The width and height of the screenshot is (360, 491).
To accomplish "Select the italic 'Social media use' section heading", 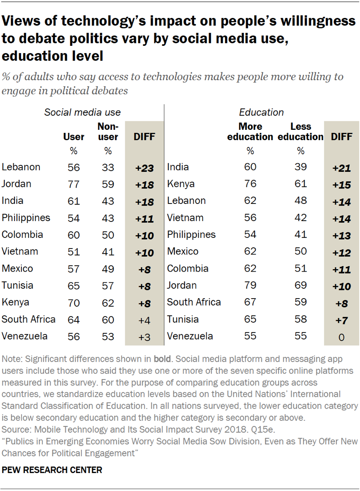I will [x=83, y=113].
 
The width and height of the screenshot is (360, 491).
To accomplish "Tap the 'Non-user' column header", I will [x=108, y=132].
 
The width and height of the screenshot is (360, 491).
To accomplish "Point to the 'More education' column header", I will [x=250, y=132].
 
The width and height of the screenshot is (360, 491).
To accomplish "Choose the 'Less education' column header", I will [x=300, y=132].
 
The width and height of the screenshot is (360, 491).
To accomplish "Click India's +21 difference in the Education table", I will [x=342, y=168].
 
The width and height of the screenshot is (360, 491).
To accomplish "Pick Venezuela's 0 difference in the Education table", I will [x=342, y=337].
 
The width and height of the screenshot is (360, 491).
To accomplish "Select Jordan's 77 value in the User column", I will [x=74, y=184].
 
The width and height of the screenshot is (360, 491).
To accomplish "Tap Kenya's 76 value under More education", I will [x=250, y=184].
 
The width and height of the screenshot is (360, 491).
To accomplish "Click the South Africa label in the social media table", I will [x=29, y=319].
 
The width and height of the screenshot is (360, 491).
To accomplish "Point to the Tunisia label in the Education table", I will [x=183, y=319].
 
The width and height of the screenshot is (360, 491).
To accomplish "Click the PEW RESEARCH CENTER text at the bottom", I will [x=52, y=470].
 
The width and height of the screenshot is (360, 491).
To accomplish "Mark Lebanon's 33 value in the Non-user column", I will [x=108, y=168].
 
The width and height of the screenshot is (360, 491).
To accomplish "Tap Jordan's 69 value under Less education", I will [x=300, y=286].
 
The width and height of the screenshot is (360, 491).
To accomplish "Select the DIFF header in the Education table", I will [x=342, y=137].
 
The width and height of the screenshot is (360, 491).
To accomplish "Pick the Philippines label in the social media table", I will [x=26, y=218].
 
